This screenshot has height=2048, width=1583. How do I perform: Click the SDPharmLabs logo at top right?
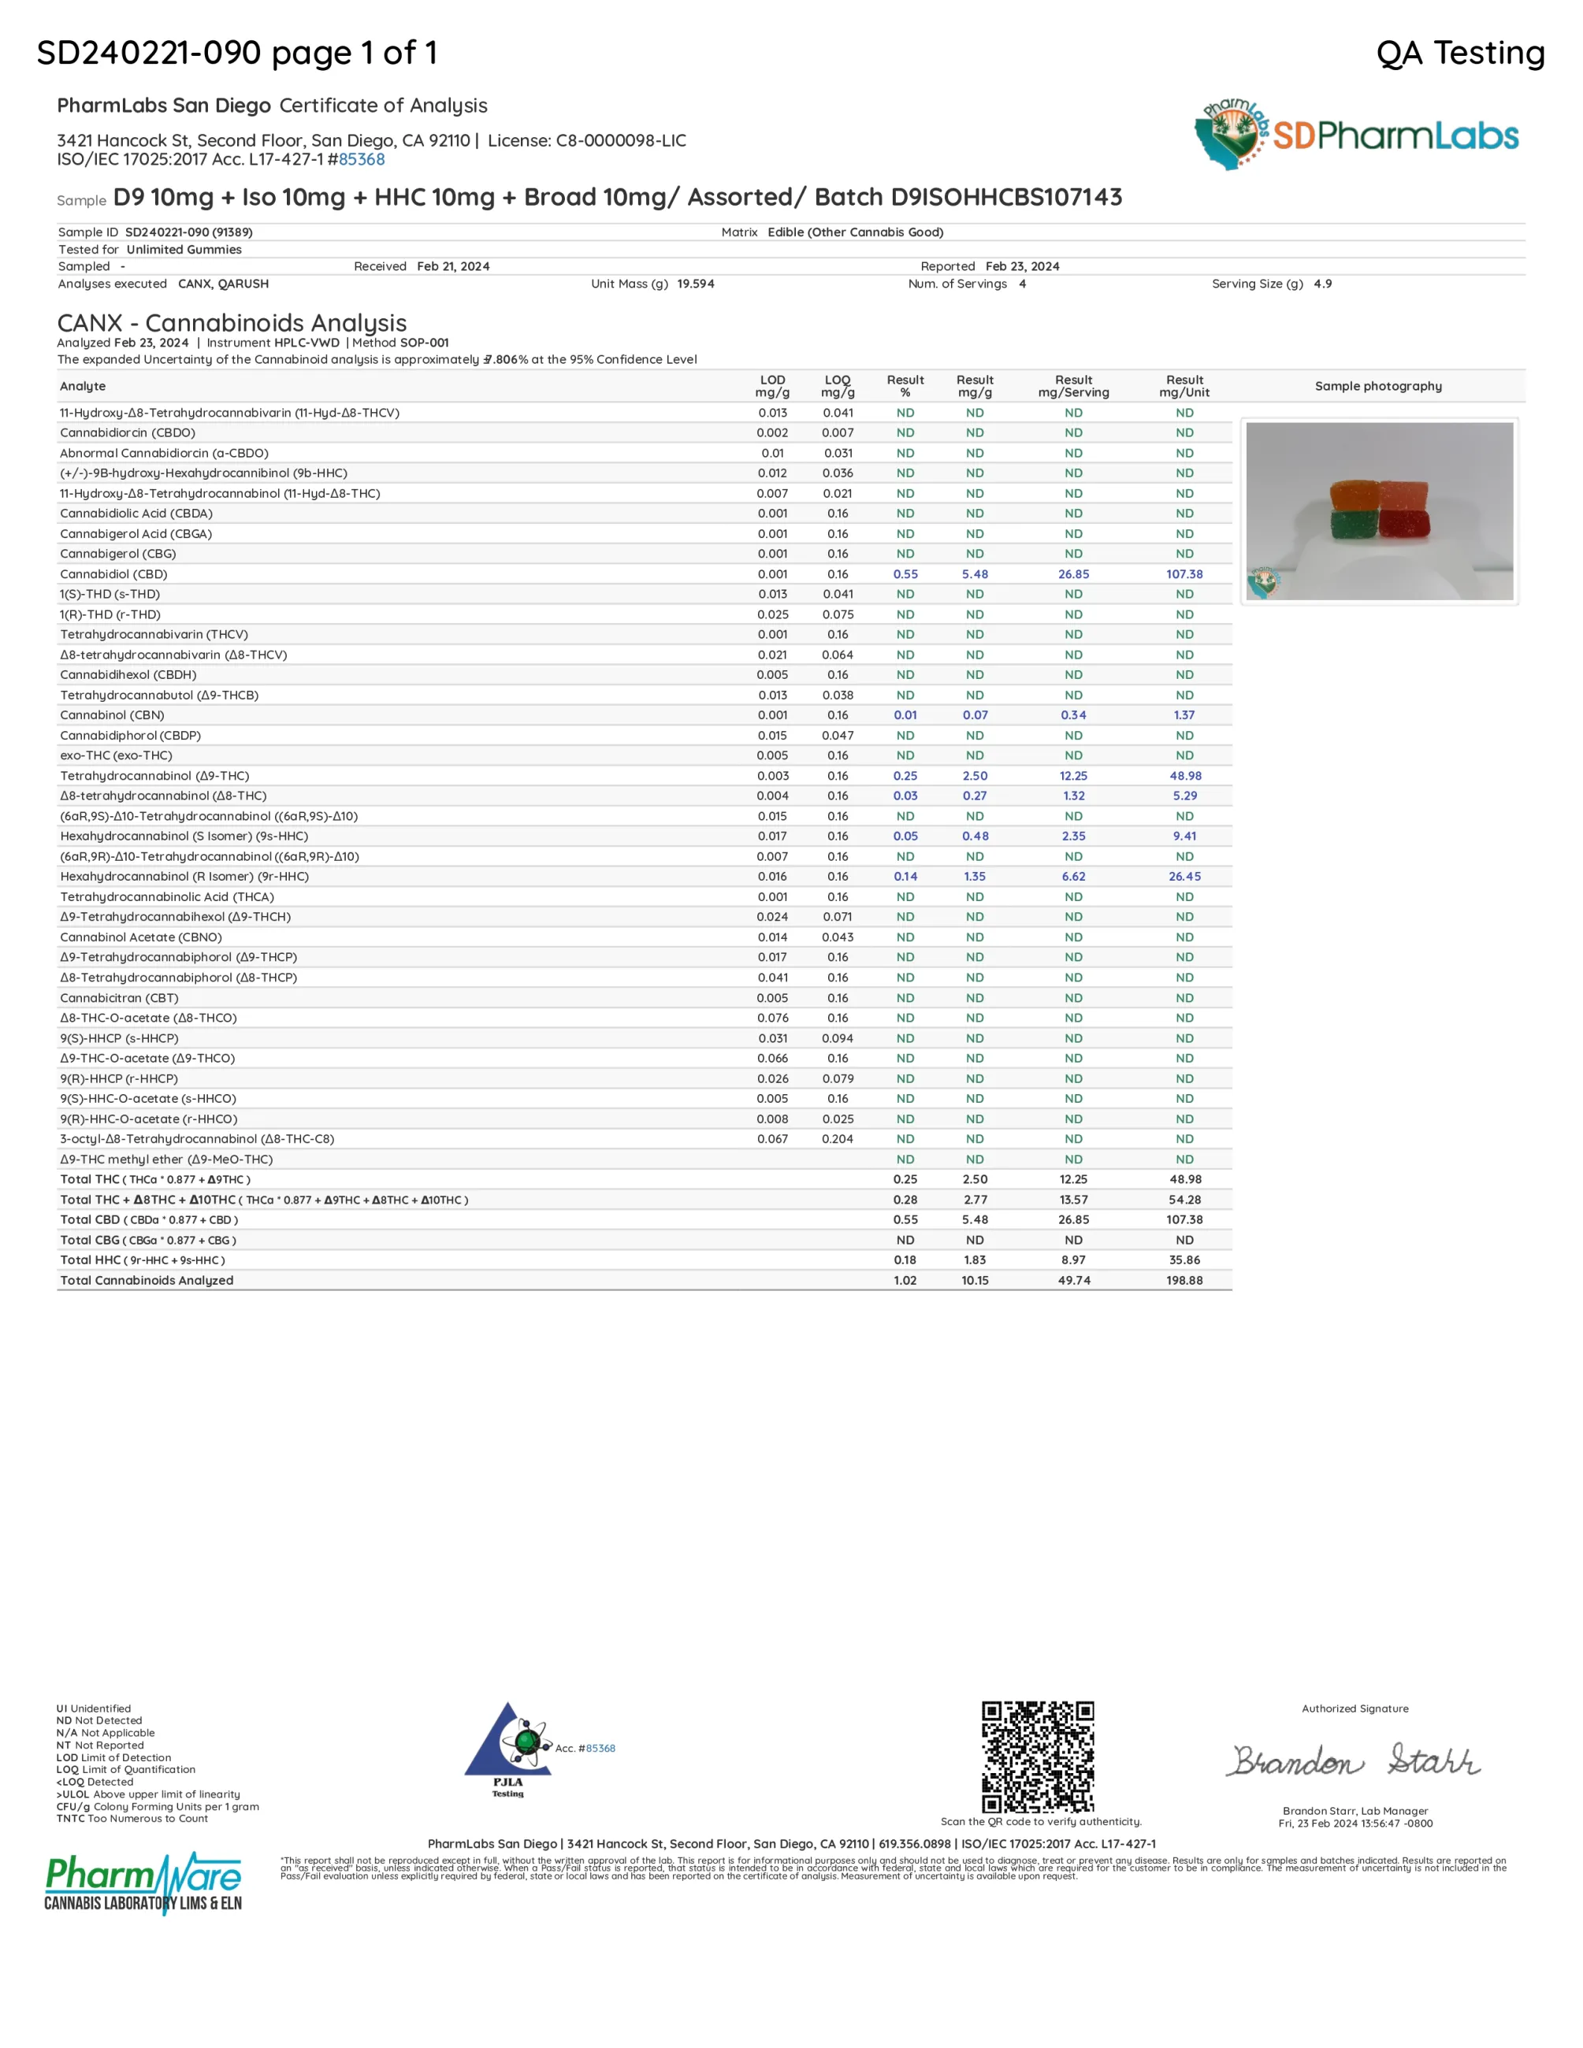click(x=1356, y=135)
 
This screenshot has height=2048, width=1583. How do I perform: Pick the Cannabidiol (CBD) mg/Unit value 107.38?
click(x=1184, y=574)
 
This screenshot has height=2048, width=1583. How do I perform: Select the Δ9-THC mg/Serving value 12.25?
click(x=1073, y=776)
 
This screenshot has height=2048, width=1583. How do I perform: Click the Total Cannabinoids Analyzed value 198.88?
click(x=1184, y=1280)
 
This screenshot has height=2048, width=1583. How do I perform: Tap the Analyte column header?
click(x=83, y=386)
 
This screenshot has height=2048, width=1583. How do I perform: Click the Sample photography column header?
click(x=1377, y=386)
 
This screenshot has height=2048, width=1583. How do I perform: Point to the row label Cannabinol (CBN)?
click(x=112, y=714)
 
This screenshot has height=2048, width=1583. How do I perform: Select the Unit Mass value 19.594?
click(x=695, y=284)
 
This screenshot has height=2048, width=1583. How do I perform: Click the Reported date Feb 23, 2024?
click(x=1022, y=266)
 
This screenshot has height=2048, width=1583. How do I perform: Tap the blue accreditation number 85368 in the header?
click(x=362, y=159)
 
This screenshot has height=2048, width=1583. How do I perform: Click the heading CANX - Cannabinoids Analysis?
click(x=232, y=323)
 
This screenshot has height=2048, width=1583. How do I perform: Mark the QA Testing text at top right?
click(x=1460, y=53)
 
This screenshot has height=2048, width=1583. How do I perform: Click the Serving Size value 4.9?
click(x=1322, y=284)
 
